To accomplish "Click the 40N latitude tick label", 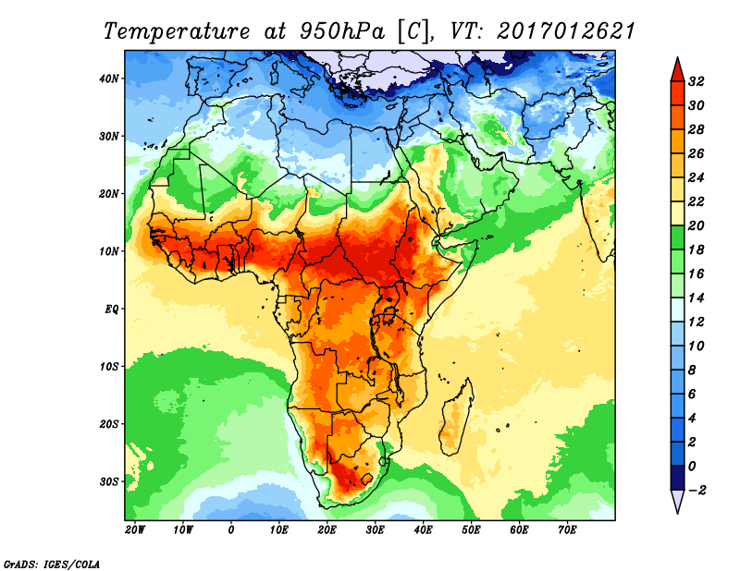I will (109, 79).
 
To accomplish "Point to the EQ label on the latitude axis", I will (111, 309).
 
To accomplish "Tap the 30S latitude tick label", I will (109, 481).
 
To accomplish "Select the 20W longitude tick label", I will (134, 530).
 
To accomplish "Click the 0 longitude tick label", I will (230, 530).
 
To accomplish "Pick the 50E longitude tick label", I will (471, 530).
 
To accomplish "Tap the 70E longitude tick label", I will (567, 530).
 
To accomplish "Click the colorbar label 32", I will (697, 81).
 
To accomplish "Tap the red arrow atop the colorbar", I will (676, 67).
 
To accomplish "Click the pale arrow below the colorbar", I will (676, 503).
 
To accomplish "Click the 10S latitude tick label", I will (109, 366).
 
